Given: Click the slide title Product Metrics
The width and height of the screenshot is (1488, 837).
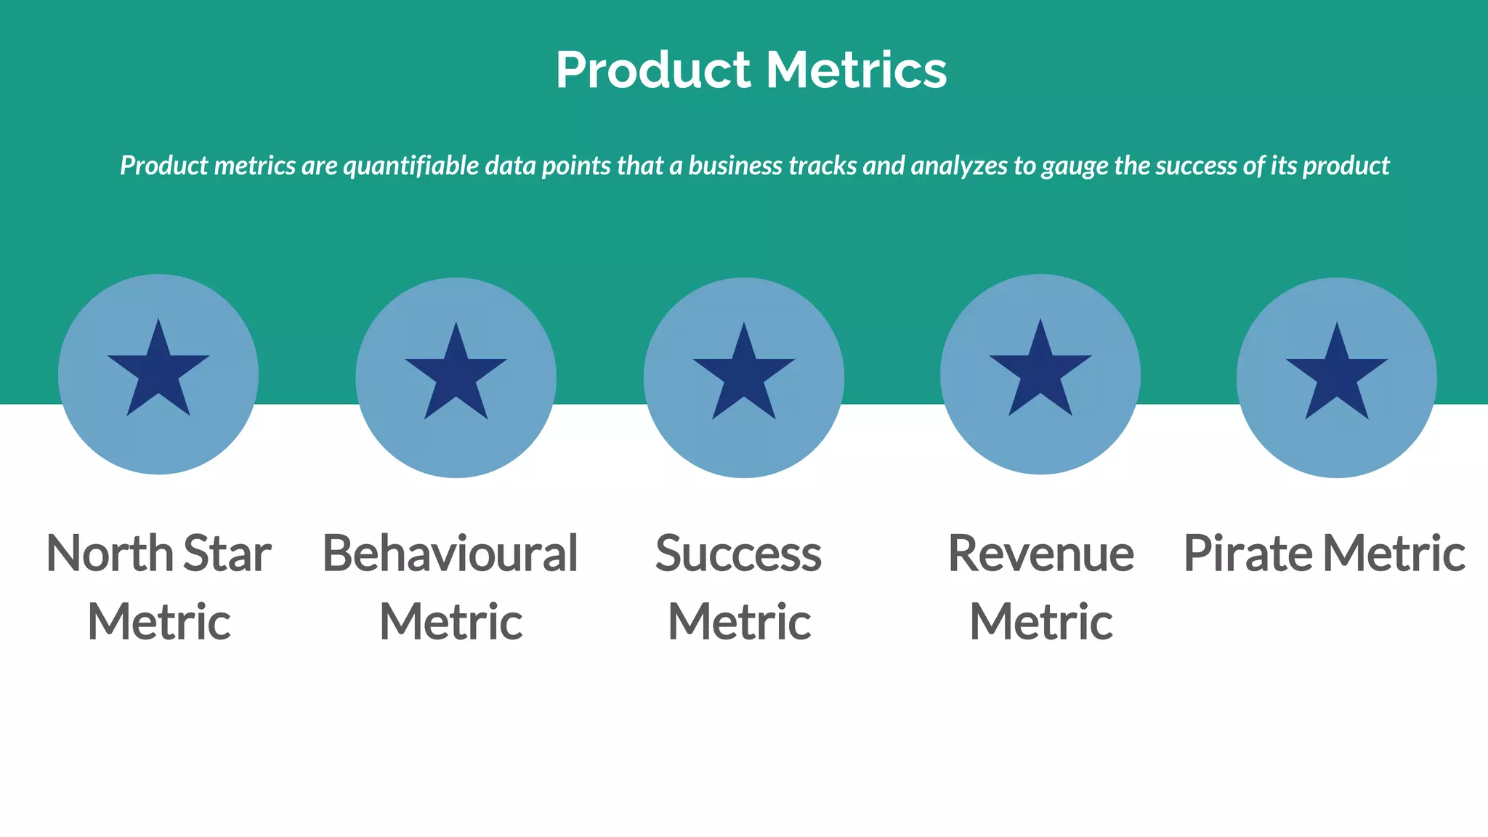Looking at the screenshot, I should [x=751, y=70].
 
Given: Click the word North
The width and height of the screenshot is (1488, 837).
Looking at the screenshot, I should [x=109, y=554].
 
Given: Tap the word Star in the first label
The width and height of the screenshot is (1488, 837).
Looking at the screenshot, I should [x=227, y=554].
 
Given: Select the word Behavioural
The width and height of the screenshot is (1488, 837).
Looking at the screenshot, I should [x=450, y=554].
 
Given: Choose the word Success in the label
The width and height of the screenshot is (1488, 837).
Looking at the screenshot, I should [x=738, y=554].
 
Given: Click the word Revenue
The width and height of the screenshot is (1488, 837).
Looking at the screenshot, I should [x=1040, y=554].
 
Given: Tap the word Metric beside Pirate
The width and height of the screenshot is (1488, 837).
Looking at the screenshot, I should [x=1394, y=554].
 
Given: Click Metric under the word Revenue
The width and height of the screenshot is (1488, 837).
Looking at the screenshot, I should [x=1040, y=622].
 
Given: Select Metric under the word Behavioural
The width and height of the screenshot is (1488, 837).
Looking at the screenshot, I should [x=450, y=622].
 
